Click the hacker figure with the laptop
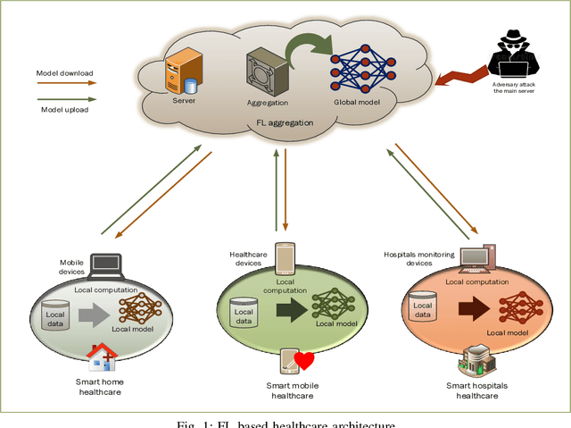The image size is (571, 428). coord(515,56)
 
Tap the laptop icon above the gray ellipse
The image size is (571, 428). coord(106,264)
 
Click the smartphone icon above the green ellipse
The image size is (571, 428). coord(285,259)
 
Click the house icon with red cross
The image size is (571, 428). coord(101,357)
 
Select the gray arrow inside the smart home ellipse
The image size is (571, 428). coord(92,314)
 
